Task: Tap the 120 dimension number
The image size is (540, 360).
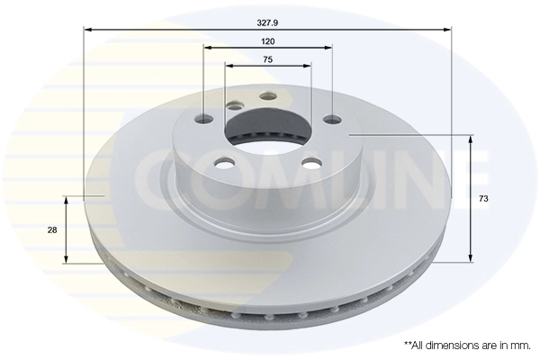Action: (x=267, y=42)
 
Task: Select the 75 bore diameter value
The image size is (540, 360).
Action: (x=267, y=58)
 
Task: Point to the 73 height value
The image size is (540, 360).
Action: (x=483, y=197)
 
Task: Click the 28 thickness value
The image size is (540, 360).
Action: (x=52, y=229)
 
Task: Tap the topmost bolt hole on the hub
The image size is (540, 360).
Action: (x=266, y=97)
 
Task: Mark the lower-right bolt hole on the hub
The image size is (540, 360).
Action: (x=310, y=163)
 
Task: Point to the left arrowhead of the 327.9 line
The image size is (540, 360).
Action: (x=87, y=30)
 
